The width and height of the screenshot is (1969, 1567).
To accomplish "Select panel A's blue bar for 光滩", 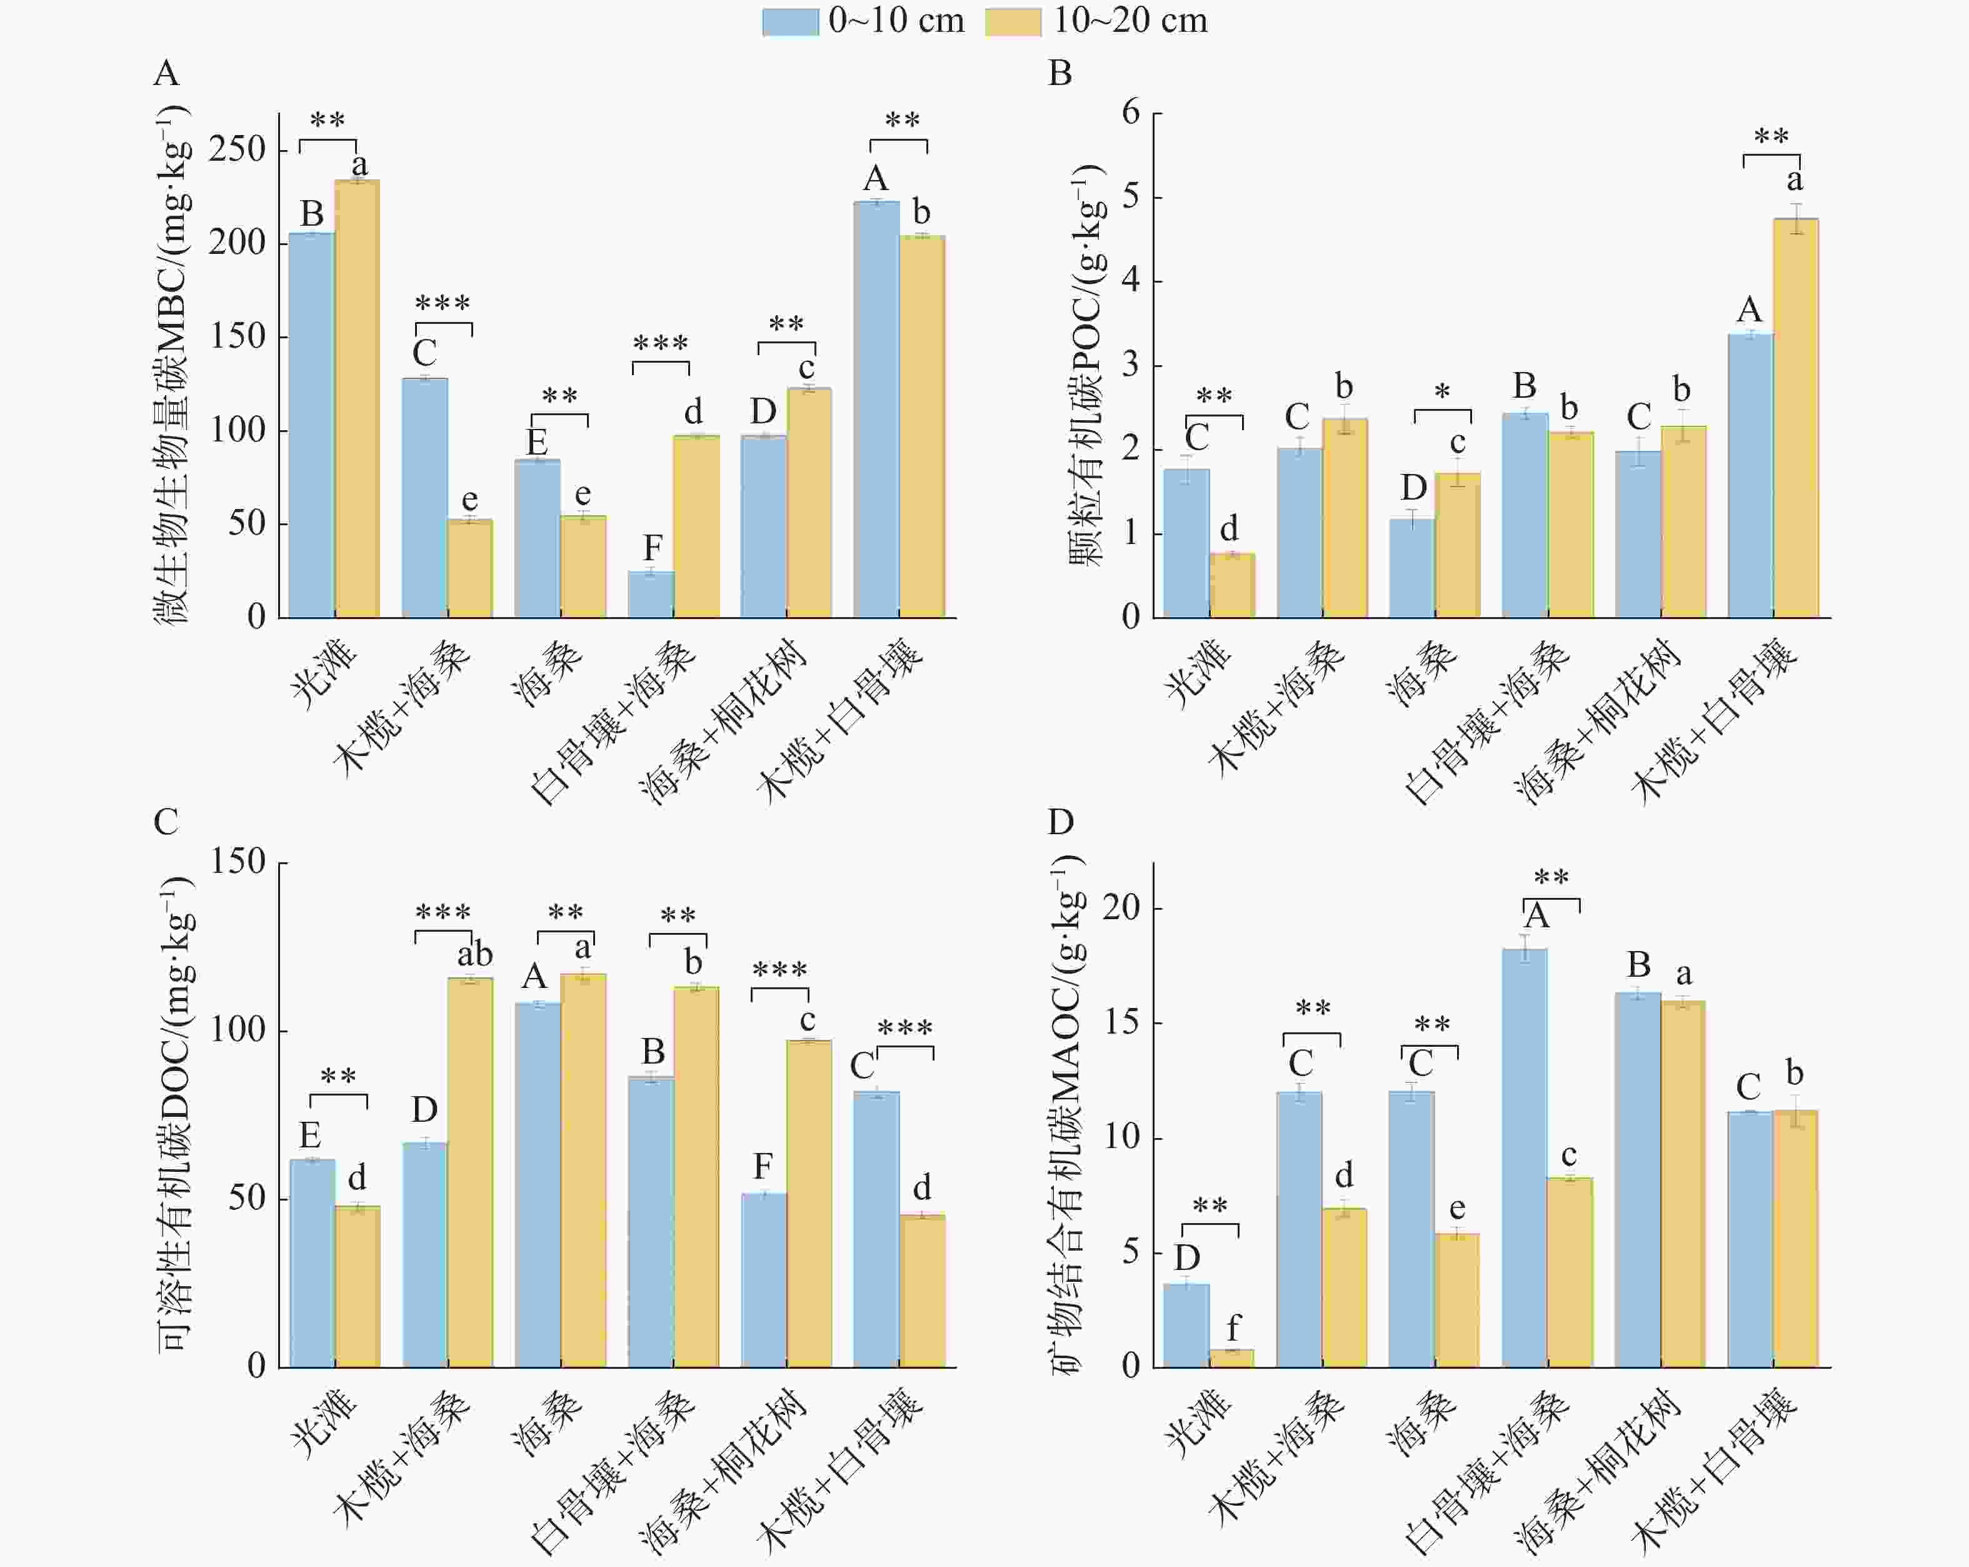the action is point(311,425).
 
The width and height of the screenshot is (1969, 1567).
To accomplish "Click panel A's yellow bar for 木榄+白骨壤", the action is point(923,426).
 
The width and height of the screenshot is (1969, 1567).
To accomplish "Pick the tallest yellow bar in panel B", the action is point(1795,418).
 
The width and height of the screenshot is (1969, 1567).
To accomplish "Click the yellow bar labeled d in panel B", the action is point(1232,586).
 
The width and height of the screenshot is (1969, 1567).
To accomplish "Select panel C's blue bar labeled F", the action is point(763,1280).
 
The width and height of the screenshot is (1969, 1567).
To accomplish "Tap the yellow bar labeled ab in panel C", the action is point(470,1172).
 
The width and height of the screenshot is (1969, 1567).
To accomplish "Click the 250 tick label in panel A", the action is point(236,149).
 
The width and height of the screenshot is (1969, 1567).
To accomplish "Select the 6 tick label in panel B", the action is point(1131,113).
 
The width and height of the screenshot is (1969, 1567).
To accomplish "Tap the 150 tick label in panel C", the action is point(238,862).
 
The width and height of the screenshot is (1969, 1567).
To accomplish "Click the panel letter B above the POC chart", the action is point(1060,73).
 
